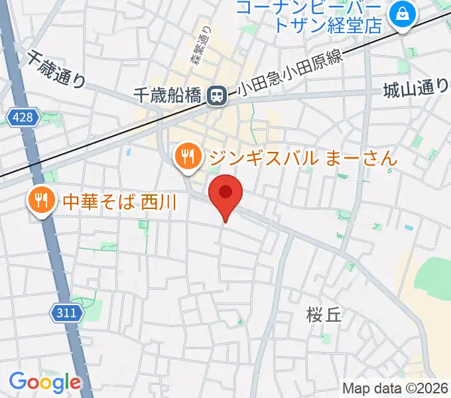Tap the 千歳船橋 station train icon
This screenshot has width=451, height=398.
tap(216, 96)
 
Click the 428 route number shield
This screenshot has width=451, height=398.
tap(25, 117)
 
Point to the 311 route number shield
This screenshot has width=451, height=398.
tap(66, 312)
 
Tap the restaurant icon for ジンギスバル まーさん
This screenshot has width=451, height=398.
tap(188, 157)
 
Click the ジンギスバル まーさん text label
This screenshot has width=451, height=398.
tap(302, 158)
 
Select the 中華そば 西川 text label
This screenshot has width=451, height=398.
tap(119, 200)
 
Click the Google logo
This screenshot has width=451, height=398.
tap(44, 382)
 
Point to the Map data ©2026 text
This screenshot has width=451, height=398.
tap(394, 388)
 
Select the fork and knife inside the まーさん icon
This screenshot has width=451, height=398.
tap(188, 157)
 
